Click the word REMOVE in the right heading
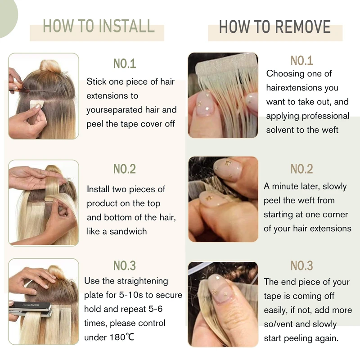(303, 27)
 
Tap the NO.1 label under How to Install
(125, 63)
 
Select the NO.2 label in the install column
(125, 169)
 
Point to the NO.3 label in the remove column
(301, 265)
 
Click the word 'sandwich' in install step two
(128, 231)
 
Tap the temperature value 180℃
(121, 337)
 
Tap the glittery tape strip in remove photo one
(226, 65)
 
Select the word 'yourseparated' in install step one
(111, 110)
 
